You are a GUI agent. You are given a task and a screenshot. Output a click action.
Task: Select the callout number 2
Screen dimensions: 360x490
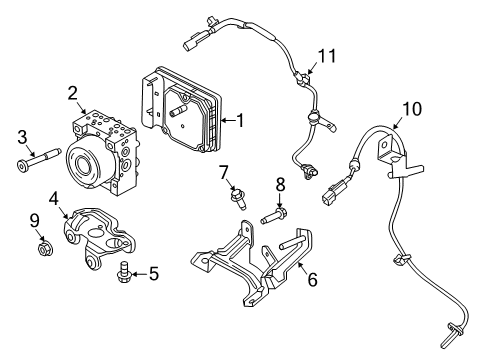73,93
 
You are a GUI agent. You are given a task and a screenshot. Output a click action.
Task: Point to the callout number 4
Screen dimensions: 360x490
54,198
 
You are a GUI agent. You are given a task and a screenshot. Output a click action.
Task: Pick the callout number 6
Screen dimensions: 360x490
312,281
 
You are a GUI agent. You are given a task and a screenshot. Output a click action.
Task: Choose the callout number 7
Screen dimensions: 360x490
224,171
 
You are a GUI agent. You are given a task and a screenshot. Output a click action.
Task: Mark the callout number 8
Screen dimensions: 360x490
281,183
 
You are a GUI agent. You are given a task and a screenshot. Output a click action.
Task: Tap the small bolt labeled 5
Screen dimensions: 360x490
124,269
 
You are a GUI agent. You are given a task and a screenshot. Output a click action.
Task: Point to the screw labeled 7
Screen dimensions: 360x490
238,199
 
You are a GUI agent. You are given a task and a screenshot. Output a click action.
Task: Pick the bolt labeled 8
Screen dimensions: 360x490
272,214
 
